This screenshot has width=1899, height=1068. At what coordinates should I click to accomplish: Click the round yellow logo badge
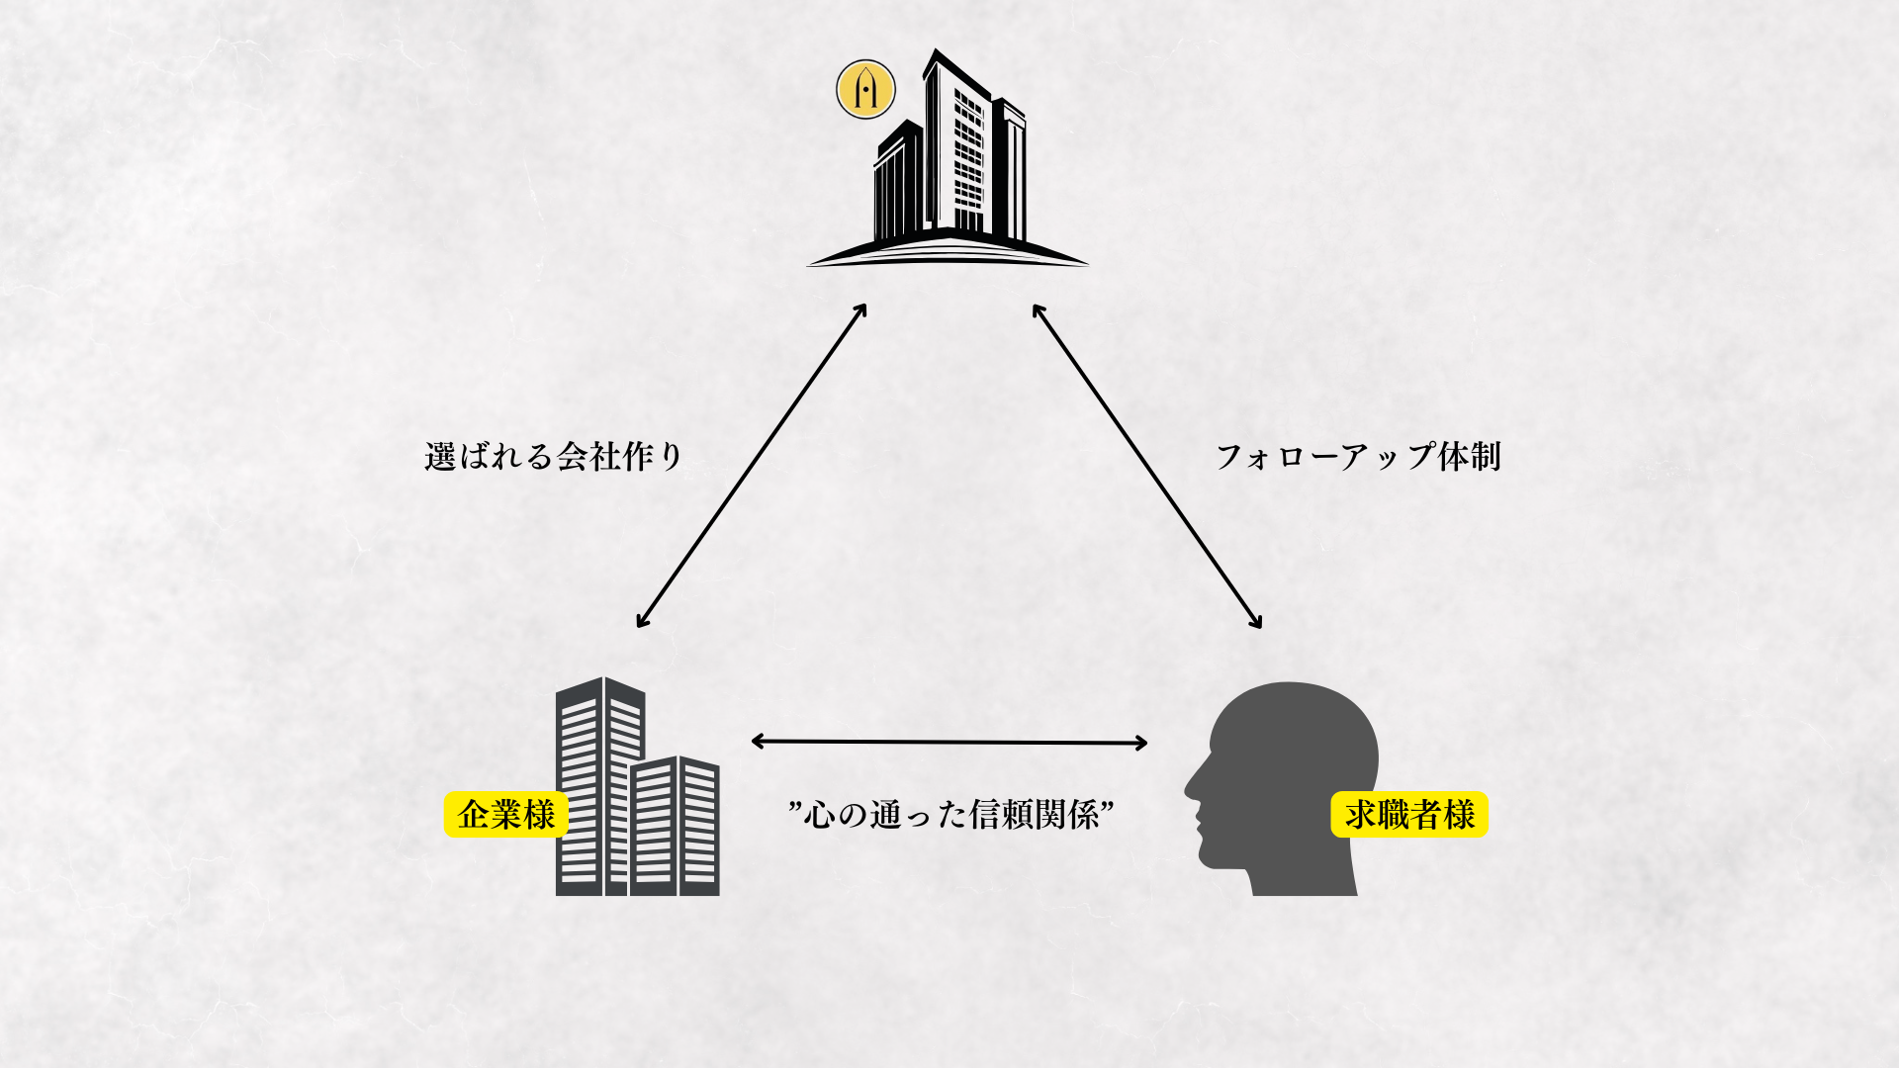[x=865, y=89]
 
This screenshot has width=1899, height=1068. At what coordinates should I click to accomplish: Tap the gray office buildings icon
[x=637, y=786]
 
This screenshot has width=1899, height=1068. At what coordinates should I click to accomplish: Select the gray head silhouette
[x=1282, y=788]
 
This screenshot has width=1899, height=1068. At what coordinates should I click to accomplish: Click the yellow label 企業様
[x=506, y=815]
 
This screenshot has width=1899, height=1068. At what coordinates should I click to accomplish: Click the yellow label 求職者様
[x=1409, y=815]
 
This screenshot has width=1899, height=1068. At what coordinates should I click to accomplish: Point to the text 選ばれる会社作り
[x=554, y=456]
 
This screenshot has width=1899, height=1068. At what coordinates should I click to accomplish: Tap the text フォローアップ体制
[x=1358, y=456]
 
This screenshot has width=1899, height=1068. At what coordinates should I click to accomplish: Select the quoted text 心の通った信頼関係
[x=951, y=814]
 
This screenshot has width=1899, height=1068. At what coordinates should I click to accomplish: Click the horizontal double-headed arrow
[x=949, y=742]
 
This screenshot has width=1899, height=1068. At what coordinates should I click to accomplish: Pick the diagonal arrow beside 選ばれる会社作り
[x=752, y=465]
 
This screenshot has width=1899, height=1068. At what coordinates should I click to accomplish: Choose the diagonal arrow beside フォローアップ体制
[x=1147, y=466]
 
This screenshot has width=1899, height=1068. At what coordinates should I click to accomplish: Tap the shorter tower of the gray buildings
[x=675, y=826]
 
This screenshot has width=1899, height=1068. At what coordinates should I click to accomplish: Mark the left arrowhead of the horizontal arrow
[x=758, y=741]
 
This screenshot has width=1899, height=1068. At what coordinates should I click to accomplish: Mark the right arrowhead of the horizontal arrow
[x=1141, y=743]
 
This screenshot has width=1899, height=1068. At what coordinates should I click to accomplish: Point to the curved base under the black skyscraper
[x=948, y=252]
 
